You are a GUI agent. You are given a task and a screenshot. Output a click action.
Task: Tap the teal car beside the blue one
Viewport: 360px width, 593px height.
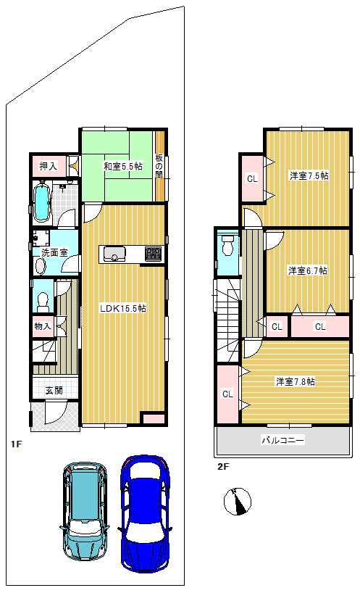tap(85, 510)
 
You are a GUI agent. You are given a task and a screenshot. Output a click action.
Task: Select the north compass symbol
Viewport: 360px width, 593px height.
tap(238, 502)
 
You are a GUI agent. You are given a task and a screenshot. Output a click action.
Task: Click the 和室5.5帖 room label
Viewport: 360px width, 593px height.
tap(123, 166)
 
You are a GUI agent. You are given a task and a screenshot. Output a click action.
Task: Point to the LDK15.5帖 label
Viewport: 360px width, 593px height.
tap(122, 308)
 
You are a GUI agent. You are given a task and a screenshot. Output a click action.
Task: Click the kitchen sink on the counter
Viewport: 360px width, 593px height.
tap(114, 254)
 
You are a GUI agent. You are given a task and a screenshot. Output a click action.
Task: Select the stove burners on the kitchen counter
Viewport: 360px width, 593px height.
tap(154, 254)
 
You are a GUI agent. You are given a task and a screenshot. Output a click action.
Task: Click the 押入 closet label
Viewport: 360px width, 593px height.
tap(49, 165)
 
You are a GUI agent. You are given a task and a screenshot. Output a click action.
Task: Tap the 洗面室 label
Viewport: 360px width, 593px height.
tap(54, 252)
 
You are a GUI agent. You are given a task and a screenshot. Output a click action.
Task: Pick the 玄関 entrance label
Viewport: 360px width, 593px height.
tap(54, 390)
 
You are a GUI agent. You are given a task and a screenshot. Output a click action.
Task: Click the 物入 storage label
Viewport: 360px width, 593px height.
tap(42, 325)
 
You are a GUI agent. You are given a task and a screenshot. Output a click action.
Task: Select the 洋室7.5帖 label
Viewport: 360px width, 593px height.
tap(309, 175)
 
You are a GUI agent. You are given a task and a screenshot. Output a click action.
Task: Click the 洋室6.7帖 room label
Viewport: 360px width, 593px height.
tap(308, 270)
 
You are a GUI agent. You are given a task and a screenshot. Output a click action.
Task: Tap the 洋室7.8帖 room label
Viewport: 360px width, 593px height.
tap(296, 381)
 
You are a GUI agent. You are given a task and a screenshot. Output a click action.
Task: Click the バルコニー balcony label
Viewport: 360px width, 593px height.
tap(283, 440)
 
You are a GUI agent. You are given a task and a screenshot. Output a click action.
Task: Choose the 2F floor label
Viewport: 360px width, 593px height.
tap(223, 466)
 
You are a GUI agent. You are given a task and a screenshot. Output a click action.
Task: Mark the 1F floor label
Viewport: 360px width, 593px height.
tap(16, 444)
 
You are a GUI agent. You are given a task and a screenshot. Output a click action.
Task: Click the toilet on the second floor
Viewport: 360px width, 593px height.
tap(227, 245)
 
